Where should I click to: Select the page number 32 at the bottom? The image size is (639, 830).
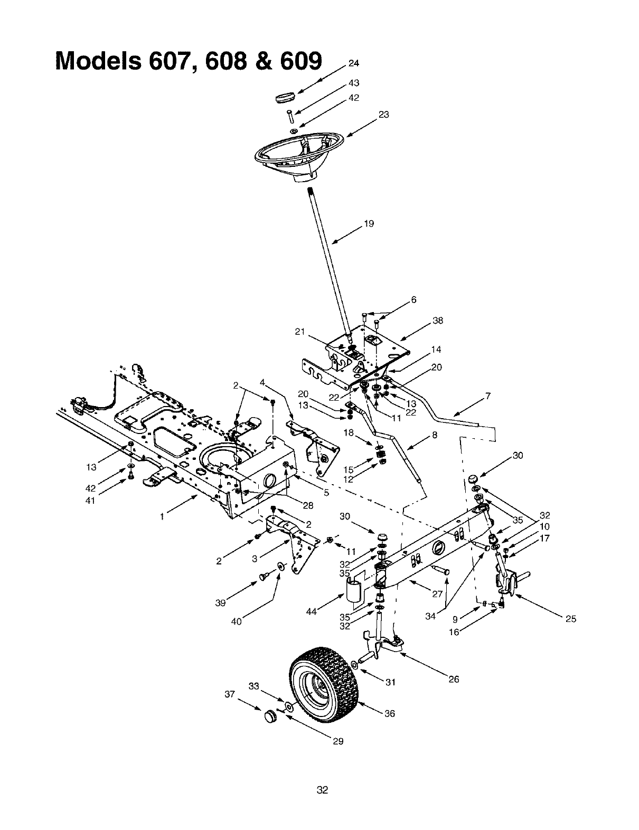point(322,790)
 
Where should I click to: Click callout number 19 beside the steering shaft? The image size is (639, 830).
point(369,224)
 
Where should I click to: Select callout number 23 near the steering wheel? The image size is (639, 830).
point(384,115)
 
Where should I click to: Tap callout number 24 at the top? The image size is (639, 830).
point(353,64)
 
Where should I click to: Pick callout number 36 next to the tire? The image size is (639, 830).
point(389,713)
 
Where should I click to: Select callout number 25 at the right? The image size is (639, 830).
point(570,619)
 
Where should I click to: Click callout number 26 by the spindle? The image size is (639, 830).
point(454,680)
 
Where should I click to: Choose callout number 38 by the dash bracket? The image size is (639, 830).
point(438,320)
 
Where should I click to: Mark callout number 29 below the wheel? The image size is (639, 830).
point(338,741)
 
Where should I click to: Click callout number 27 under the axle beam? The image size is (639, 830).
point(437,593)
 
